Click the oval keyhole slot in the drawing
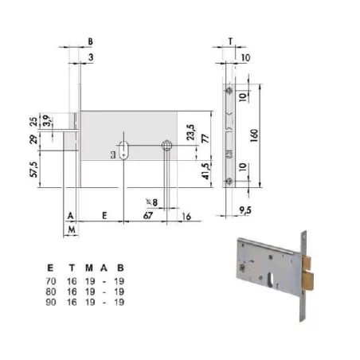coord(126,148)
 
